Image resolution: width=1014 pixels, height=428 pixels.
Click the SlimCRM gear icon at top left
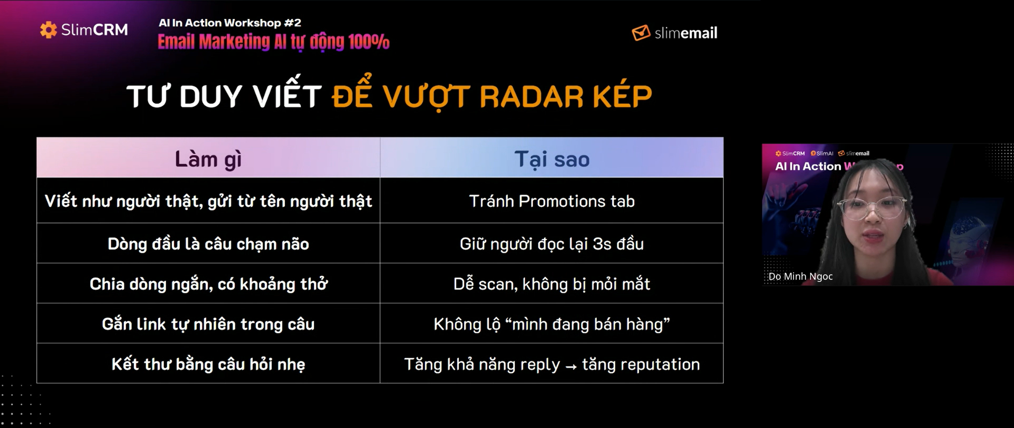(49, 30)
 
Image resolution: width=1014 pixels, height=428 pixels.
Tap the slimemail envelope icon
(641, 33)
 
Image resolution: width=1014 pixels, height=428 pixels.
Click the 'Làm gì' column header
(208, 159)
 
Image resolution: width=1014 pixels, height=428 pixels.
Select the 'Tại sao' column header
(552, 159)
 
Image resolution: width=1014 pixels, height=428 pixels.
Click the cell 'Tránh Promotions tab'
(552, 201)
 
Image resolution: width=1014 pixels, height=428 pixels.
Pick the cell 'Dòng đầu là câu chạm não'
(208, 244)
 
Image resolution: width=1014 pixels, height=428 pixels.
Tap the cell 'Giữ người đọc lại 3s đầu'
(552, 244)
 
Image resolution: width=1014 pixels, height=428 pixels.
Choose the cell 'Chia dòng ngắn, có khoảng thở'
(208, 284)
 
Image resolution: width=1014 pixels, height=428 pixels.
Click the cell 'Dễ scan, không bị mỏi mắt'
(552, 284)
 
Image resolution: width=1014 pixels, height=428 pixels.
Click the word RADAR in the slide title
(531, 96)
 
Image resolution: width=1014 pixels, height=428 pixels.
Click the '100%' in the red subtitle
(369, 42)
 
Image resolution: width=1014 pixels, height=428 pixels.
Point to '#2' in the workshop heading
(293, 23)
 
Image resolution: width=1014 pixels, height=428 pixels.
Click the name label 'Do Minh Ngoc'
(800, 276)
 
